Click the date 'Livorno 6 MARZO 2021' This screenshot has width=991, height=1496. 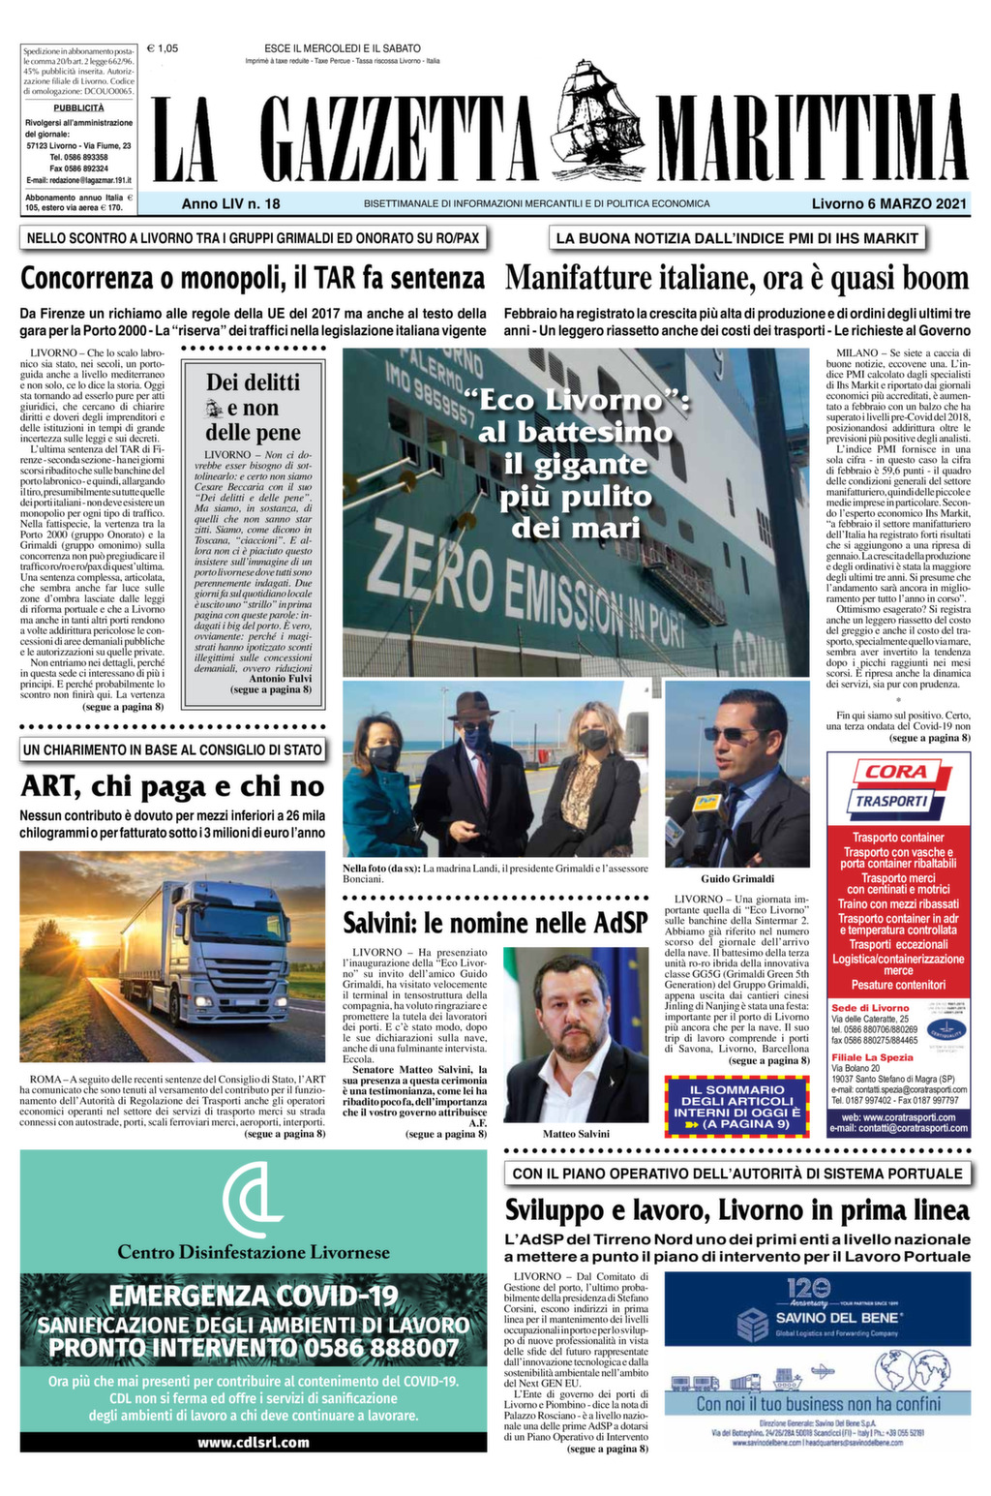coord(889,204)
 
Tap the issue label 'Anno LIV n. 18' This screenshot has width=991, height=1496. coord(230,204)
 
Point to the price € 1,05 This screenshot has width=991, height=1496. coord(163,48)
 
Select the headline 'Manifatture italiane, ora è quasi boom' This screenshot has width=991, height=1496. coord(736,279)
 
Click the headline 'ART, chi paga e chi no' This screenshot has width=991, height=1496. coord(172,786)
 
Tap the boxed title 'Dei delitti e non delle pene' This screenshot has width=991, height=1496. coord(254,408)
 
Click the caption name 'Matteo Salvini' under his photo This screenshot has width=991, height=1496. coord(576,1133)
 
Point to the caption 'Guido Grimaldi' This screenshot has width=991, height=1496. coord(737,878)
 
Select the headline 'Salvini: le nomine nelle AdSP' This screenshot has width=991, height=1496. coord(495,922)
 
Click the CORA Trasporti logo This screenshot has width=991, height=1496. coord(886,785)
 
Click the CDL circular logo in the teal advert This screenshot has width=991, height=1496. coord(253,1197)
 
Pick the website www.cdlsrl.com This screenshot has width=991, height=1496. coord(254,1442)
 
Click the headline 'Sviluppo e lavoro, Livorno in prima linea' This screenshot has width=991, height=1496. coord(736,1210)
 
